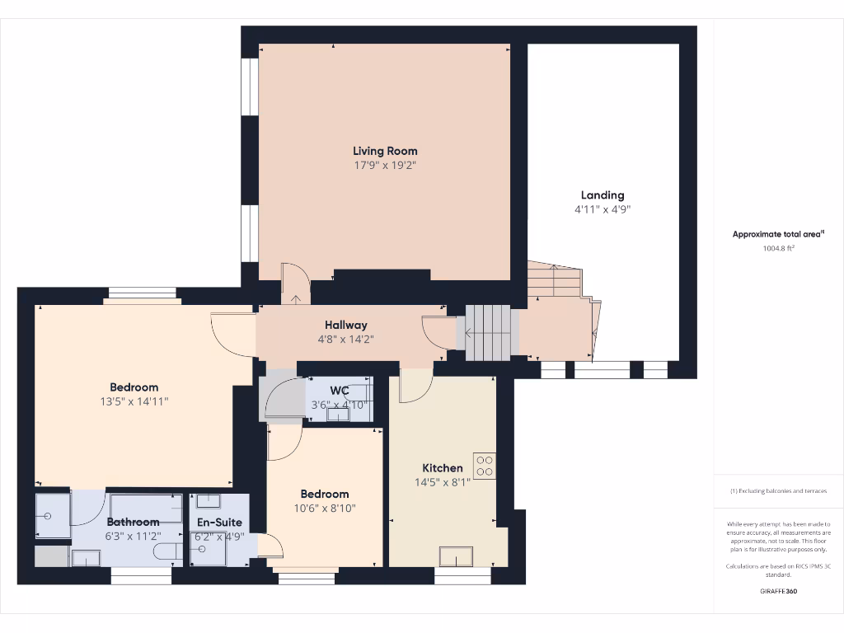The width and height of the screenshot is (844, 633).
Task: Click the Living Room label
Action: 385,151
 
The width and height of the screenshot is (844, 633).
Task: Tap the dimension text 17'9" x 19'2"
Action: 385,165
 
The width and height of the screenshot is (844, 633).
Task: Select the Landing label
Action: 603,195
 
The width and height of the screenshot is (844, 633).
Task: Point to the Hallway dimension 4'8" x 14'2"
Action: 345,339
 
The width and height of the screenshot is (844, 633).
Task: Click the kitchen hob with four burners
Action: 484,466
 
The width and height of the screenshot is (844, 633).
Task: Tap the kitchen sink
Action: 456,557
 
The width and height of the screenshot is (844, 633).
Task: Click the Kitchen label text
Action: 443,468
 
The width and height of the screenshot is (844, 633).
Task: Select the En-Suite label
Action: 219,522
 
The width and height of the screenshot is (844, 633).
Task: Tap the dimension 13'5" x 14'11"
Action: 134,401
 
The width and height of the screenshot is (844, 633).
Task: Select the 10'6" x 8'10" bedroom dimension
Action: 326,509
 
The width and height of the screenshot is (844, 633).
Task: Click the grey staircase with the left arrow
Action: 488,333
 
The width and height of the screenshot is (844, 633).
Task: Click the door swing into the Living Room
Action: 293,282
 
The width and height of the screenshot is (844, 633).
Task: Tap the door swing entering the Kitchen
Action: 415,386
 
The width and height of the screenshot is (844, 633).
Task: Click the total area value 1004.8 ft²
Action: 778,247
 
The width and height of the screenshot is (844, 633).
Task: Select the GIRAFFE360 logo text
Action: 778,591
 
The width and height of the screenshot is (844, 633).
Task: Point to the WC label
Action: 339,390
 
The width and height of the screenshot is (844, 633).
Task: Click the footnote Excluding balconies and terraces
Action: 778,491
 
